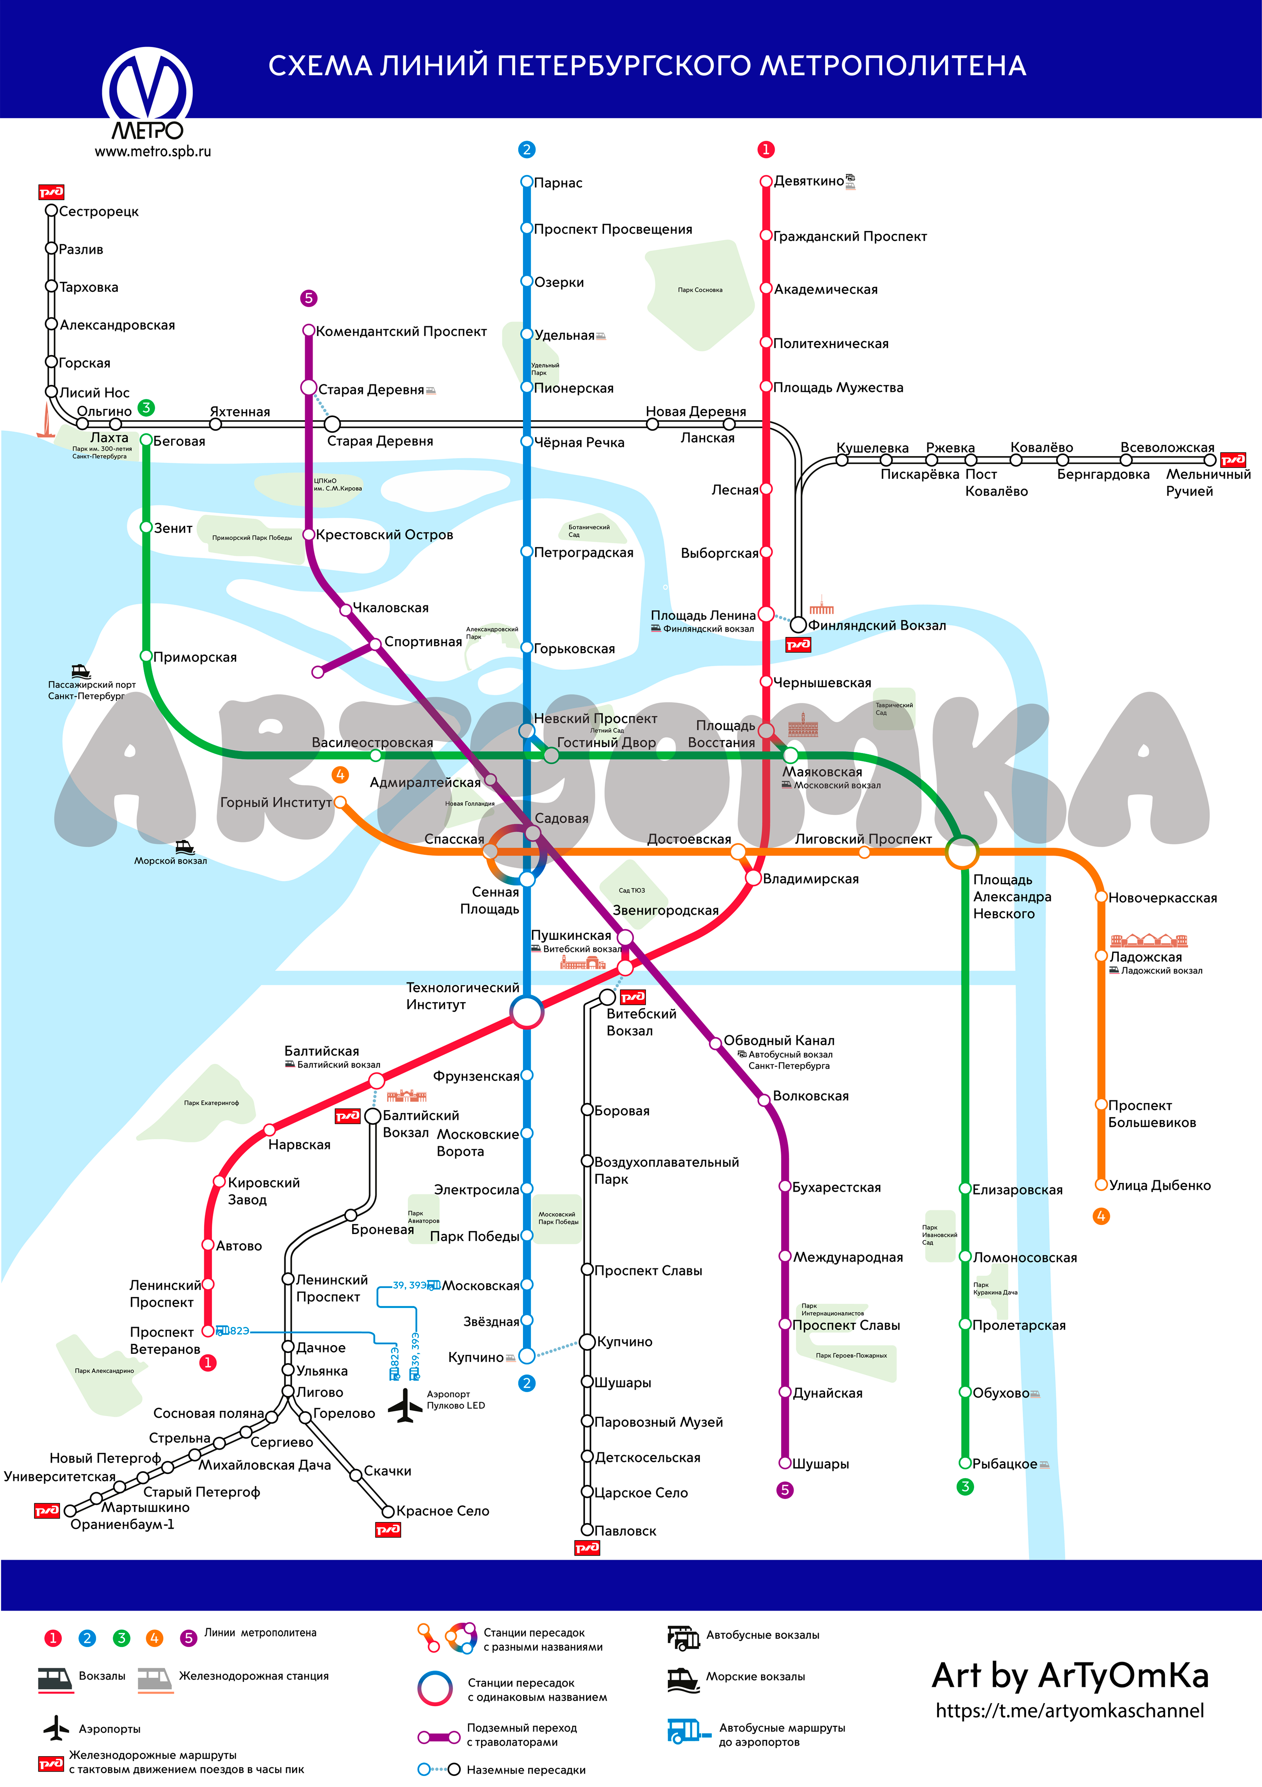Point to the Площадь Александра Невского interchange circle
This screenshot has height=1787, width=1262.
961,852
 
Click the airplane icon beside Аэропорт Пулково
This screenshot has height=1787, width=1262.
405,1405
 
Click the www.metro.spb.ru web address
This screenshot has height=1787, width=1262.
153,152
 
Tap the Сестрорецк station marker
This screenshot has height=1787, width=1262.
51,210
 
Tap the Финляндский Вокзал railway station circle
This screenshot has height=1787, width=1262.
798,624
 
